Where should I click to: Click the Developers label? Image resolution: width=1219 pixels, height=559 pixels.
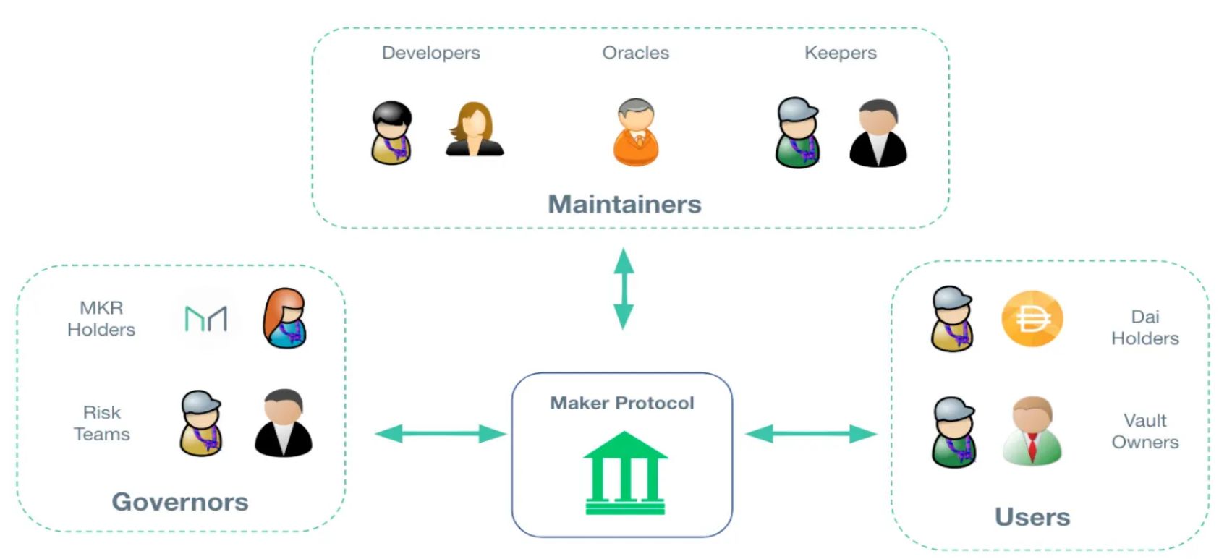430,53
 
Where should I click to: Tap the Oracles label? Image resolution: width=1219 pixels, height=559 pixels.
635,53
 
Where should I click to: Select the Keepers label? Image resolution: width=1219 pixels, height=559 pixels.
840,53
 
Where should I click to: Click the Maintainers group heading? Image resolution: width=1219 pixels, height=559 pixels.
624,204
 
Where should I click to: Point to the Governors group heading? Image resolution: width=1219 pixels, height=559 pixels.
180,502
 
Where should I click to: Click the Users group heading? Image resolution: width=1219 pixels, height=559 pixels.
1032,517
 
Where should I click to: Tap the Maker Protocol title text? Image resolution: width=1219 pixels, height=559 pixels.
621,403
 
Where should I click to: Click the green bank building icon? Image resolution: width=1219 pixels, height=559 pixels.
625,473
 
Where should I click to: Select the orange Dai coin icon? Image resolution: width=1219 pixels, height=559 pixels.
1032,318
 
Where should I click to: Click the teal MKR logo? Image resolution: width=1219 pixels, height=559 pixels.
206,318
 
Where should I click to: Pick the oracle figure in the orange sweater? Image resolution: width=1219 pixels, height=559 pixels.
636,132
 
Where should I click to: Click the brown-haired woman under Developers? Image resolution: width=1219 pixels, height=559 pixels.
474,130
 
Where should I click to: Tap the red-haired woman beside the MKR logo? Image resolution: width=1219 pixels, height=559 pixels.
285,318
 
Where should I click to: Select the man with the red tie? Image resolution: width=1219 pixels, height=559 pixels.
1032,430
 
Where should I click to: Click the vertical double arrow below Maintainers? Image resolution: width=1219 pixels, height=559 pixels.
624,289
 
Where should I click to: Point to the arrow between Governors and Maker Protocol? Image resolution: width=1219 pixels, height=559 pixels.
440,434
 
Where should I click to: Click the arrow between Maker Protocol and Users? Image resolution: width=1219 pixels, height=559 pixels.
810,434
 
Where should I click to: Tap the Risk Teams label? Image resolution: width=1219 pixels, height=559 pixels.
102,423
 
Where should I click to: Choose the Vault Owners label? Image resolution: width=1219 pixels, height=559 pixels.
1144,431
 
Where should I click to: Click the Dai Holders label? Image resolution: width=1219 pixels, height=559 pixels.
1144,327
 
